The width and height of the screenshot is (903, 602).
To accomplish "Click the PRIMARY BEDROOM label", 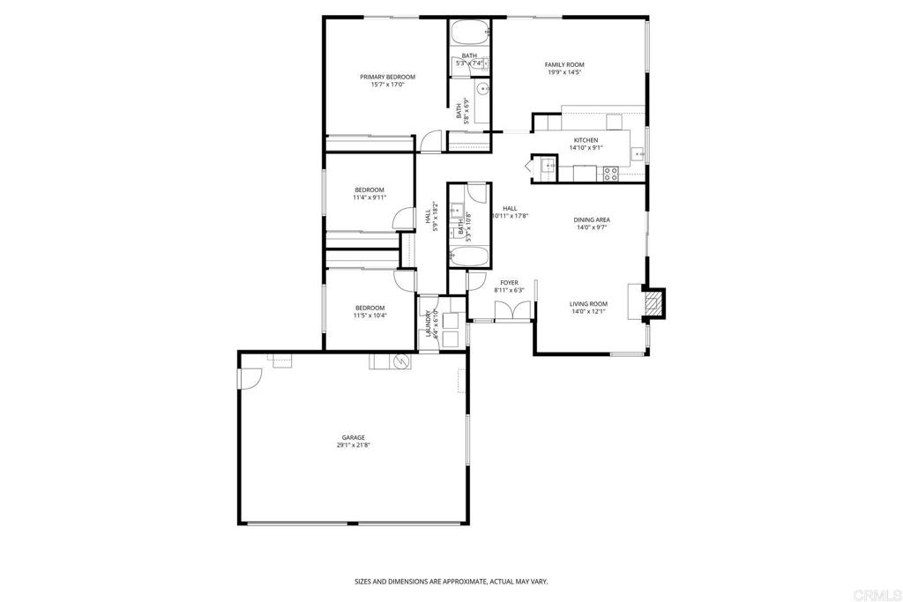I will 387,77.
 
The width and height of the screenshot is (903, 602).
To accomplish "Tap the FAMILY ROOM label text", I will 564,64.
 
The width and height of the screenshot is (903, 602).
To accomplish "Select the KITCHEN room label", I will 586,140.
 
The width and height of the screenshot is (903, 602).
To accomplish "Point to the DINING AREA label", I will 592,219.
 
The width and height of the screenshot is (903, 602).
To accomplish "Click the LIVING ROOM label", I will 588,303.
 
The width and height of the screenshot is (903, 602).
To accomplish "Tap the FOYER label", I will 509,282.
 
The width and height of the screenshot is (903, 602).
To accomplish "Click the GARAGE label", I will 354,437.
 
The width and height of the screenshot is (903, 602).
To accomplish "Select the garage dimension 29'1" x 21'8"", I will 354,445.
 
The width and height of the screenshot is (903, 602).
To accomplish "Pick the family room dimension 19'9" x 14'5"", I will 564,72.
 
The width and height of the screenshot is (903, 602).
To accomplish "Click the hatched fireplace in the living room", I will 653,303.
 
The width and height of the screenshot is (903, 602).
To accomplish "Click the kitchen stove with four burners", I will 609,174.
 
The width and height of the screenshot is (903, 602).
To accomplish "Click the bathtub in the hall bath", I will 469,257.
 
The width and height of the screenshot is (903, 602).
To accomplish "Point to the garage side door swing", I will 250,376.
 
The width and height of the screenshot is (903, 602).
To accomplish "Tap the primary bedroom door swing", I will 429,140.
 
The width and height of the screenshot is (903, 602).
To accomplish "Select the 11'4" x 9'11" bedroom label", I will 369,194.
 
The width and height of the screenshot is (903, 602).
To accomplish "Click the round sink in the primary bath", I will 483,89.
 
